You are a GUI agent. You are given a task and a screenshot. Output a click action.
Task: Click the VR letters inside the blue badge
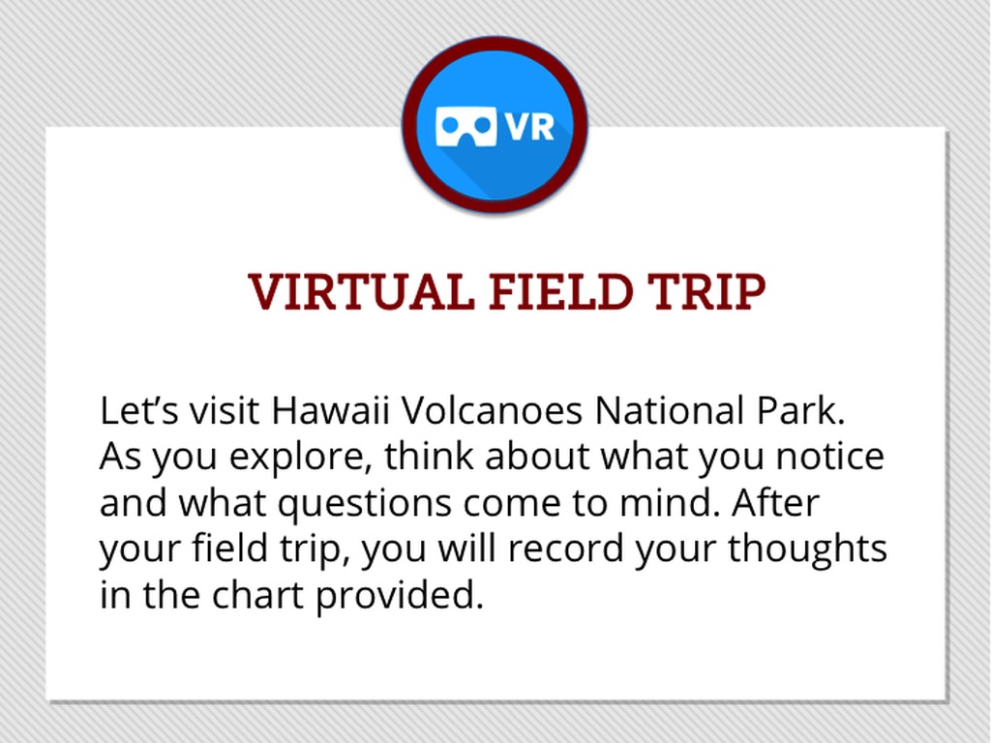pyautogui.click(x=529, y=126)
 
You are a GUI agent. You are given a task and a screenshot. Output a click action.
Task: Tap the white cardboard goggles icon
pyautogui.click(x=465, y=126)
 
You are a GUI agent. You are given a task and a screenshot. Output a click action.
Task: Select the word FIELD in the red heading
pyautogui.click(x=560, y=291)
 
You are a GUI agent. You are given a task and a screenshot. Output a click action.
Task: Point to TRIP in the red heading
pyautogui.click(x=706, y=291)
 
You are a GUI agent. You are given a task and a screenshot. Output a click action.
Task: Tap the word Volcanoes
pyautogui.click(x=492, y=410)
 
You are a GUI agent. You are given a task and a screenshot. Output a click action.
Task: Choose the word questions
pyautogui.click(x=365, y=503)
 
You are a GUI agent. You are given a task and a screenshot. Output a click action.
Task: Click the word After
pyautogui.click(x=776, y=502)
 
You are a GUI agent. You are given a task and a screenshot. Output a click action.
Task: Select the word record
pyautogui.click(x=565, y=549)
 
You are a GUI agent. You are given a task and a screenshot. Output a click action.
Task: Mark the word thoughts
pyautogui.click(x=808, y=550)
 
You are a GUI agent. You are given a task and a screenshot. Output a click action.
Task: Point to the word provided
pyautogui.click(x=400, y=596)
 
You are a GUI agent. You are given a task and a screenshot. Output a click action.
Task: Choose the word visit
pyautogui.click(x=225, y=410)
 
